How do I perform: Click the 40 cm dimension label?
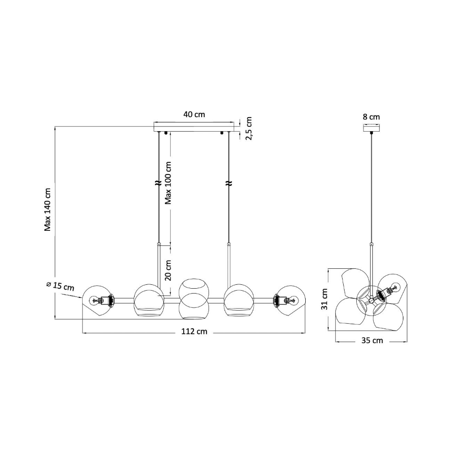pos(194,114)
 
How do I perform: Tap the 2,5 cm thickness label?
pos(249,128)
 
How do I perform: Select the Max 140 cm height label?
pos(47,209)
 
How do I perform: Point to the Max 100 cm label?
pos(168,183)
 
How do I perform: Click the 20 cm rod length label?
pos(168,270)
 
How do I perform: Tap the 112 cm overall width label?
pos(194,331)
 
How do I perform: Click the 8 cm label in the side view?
pos(371,117)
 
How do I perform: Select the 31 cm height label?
pos(324,299)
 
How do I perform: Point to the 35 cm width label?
pos(372,340)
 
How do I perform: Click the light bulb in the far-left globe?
pos(95,300)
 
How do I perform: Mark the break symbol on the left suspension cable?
pos(158,183)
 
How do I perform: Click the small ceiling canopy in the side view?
pos(371,128)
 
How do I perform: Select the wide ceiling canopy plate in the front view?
pos(194,126)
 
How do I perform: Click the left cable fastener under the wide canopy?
pos(166,133)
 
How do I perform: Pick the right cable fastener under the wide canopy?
pos(222,133)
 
